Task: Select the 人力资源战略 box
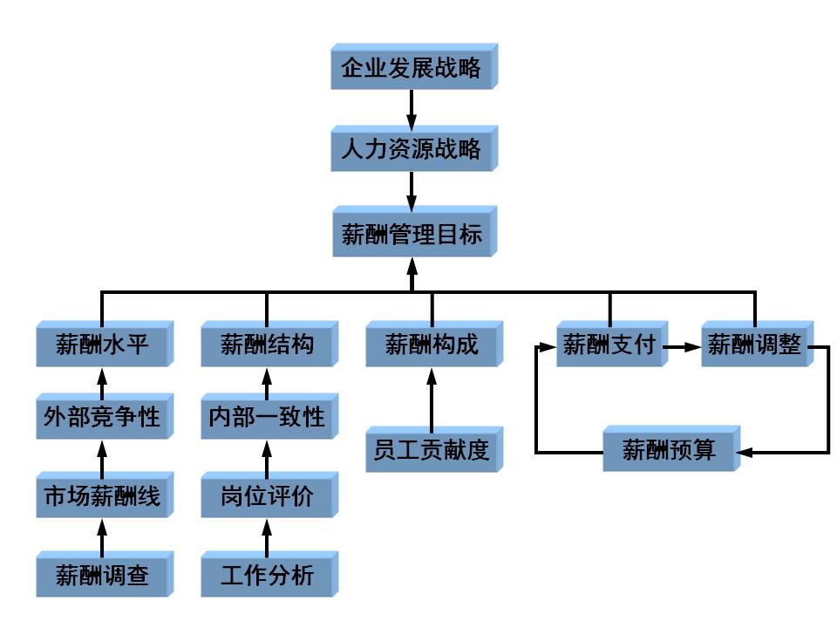click(411, 149)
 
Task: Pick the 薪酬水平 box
click(102, 345)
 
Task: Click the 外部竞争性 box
click(102, 417)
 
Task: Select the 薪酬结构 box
click(266, 345)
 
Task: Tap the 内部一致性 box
click(266, 417)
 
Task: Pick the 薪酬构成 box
click(432, 345)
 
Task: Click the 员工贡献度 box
click(432, 451)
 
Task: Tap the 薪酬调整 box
click(754, 345)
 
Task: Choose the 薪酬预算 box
click(669, 451)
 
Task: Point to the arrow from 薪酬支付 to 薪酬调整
click(682, 346)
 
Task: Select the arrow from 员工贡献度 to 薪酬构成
click(432, 398)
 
